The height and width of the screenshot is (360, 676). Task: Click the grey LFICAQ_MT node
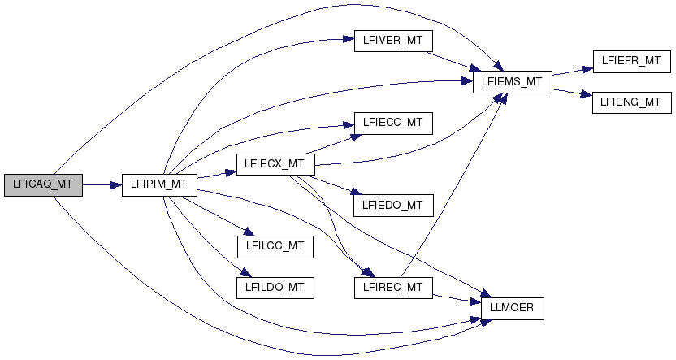tap(43, 185)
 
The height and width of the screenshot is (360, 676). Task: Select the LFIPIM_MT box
tap(159, 185)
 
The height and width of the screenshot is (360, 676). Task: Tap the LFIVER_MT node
tap(393, 41)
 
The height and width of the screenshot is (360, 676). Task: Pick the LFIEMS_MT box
tap(512, 82)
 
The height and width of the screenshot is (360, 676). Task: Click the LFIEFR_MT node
tap(631, 62)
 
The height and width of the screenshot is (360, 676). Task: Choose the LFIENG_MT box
tap(631, 102)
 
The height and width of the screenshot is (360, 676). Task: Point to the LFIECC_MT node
tap(393, 123)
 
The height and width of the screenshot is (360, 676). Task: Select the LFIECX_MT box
tap(275, 164)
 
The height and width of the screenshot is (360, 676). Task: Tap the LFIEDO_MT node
tap(393, 205)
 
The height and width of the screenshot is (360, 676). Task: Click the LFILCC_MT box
tap(275, 245)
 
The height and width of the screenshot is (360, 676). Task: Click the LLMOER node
tap(512, 308)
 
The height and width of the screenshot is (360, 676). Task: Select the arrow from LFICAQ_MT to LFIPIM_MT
tap(102, 185)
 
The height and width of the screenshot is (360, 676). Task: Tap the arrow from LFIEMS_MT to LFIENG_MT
tap(572, 92)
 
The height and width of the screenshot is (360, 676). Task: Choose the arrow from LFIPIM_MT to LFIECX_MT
tap(216, 175)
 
